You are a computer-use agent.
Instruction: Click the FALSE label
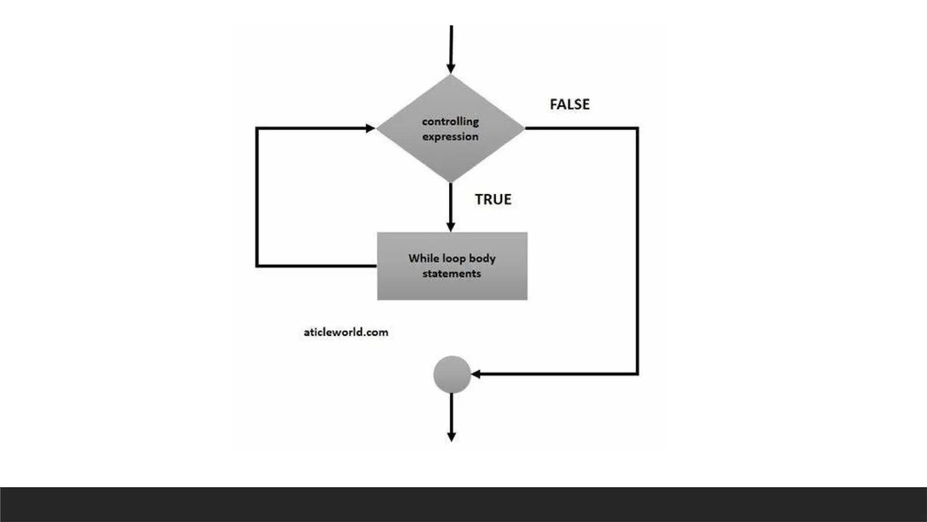click(x=569, y=104)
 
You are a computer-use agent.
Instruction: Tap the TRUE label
click(x=493, y=199)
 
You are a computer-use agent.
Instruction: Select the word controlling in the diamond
click(x=450, y=121)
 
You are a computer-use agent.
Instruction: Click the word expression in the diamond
click(x=450, y=136)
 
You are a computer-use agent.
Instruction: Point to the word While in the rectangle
click(x=424, y=258)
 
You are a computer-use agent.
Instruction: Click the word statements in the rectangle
click(x=452, y=274)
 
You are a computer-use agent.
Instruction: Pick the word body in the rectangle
click(x=483, y=259)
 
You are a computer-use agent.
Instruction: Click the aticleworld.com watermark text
click(x=346, y=332)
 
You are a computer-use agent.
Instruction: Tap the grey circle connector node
click(x=452, y=374)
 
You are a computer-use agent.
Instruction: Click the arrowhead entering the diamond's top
click(x=451, y=68)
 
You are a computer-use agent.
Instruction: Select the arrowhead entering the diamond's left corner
click(x=370, y=128)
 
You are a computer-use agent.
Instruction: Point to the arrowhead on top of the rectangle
click(x=451, y=227)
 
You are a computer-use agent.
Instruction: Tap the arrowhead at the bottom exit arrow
click(x=452, y=437)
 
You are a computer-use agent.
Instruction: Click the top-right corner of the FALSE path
click(x=637, y=128)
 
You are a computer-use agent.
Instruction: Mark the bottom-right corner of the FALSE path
click(x=637, y=374)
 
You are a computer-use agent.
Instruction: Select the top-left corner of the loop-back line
click(x=257, y=128)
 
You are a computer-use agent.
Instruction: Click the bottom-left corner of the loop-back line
click(x=257, y=266)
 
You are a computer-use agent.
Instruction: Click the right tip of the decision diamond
click(x=524, y=128)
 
